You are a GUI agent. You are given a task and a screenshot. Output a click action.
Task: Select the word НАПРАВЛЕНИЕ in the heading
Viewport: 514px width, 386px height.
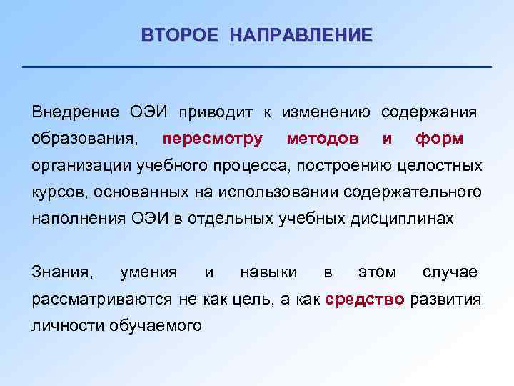[x=301, y=35]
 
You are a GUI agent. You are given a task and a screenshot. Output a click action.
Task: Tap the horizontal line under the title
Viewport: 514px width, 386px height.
[x=257, y=67]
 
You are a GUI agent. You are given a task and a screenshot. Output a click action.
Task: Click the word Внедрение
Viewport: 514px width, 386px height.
[x=74, y=112]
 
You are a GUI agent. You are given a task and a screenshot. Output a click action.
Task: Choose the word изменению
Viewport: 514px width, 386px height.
[x=326, y=112]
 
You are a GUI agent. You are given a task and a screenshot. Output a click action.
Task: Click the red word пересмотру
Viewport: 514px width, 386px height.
[x=212, y=138]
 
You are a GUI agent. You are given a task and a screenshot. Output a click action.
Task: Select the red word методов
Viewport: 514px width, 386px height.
[x=323, y=138]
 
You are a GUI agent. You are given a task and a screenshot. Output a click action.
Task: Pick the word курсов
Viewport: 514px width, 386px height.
[x=54, y=193]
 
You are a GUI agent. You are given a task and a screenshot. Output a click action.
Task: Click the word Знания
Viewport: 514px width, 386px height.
[x=62, y=272]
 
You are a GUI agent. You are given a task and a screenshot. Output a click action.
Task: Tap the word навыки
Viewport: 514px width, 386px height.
[x=269, y=272]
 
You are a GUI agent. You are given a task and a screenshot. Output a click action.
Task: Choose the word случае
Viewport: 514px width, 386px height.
[x=450, y=272]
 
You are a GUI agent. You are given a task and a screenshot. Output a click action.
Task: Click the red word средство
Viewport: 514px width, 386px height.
[x=365, y=300]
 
